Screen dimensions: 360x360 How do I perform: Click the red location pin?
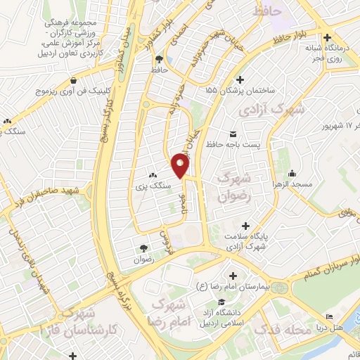coord(181,167)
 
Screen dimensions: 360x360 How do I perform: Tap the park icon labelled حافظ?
coord(159,59)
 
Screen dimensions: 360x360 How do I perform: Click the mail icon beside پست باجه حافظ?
coord(232,134)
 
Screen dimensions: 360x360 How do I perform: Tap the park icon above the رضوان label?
coord(143,248)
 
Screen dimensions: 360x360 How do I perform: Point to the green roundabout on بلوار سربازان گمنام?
coord(279,287)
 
